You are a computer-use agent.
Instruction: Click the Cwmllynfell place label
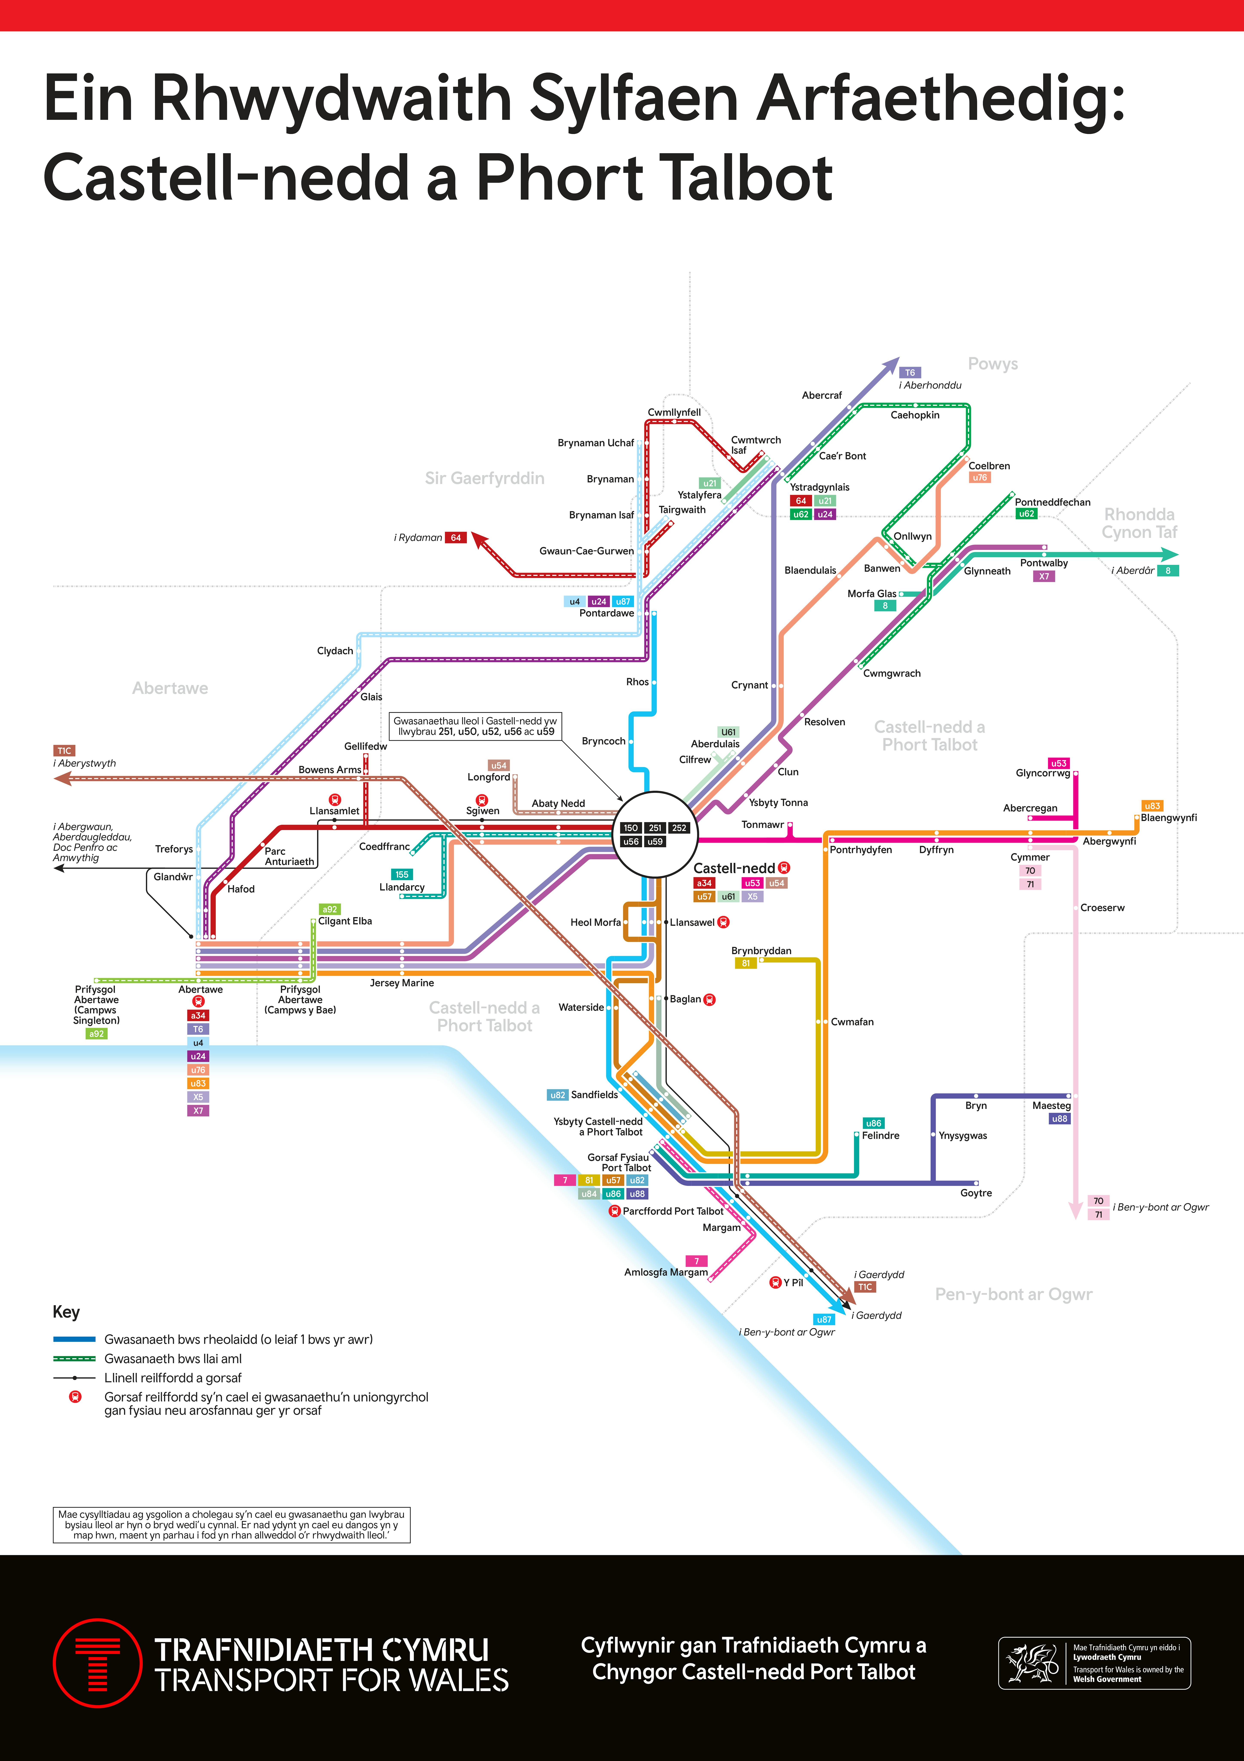click(674, 412)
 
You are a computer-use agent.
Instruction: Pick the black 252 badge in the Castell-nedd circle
click(679, 828)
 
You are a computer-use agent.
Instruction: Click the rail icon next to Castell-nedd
click(784, 867)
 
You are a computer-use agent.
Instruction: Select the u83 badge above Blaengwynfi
click(1152, 805)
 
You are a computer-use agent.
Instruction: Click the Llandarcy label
click(402, 887)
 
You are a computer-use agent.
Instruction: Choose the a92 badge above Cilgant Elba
click(330, 909)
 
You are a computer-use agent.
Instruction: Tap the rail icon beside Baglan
click(710, 999)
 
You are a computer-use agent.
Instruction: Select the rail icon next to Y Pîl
click(775, 1282)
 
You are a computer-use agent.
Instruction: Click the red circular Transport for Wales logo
click(97, 1663)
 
